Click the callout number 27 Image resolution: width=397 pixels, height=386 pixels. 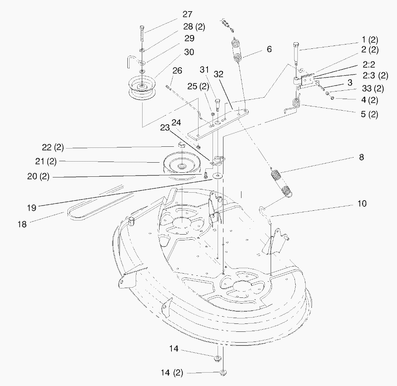[188, 15]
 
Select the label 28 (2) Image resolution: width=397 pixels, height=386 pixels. [194, 27]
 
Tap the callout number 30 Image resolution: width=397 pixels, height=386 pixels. [189, 52]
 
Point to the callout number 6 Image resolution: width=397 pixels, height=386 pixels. [269, 49]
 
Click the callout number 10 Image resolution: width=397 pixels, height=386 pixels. [362, 203]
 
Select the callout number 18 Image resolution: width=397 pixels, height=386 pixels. [22, 224]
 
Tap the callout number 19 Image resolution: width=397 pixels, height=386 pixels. [32, 208]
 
